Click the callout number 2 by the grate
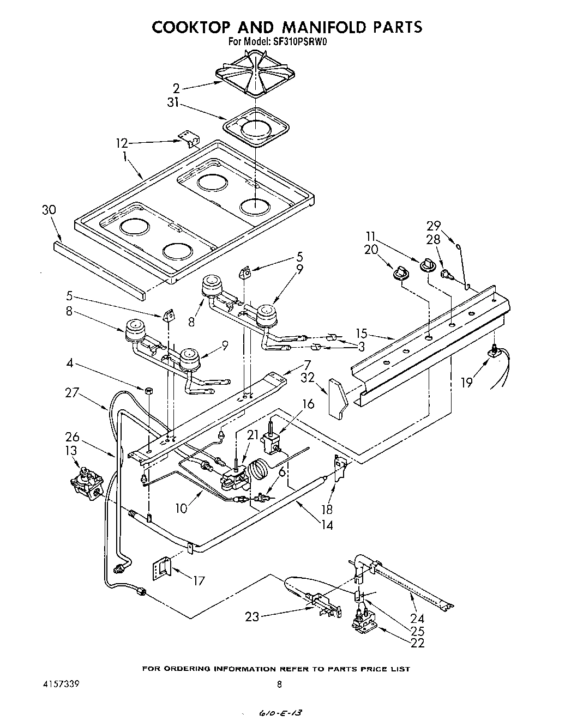pos(176,87)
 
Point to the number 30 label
pos(49,210)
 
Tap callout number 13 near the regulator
pos(71,450)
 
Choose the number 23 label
pos(252,617)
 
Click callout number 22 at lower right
pos(418,643)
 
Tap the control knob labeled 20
pos(401,271)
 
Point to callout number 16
pos(308,403)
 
